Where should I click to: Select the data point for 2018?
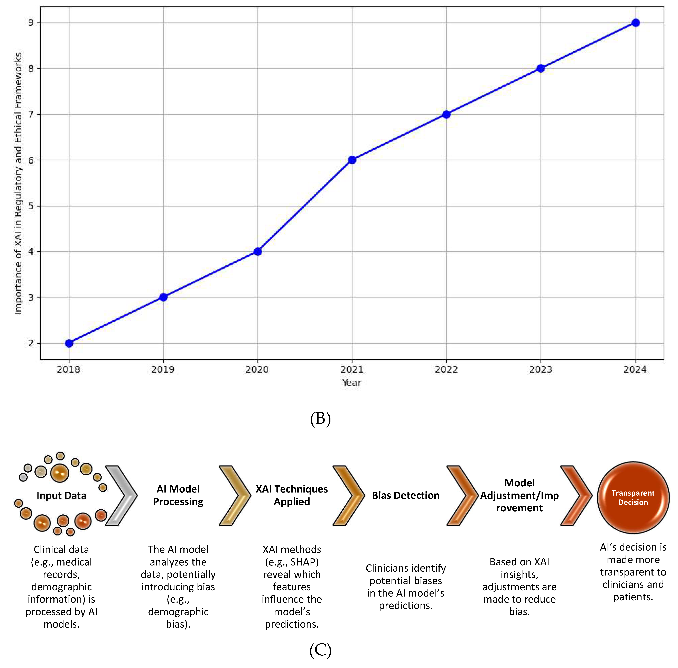(69, 343)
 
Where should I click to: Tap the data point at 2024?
(635, 23)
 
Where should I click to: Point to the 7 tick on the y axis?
(31, 114)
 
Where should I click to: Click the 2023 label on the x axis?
(541, 369)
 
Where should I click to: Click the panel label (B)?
(320, 419)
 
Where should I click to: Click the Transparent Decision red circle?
(633, 497)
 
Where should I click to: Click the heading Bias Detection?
(405, 495)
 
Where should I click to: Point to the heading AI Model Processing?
(178, 495)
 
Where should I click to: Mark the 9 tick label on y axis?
(31, 23)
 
